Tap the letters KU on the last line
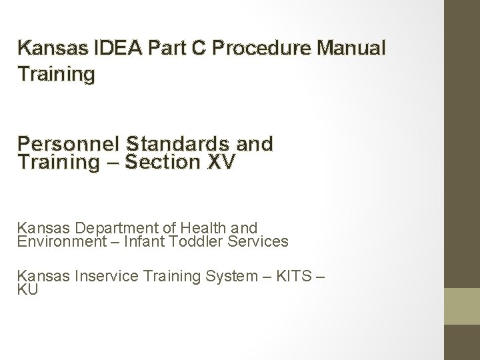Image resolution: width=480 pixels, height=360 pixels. point(28,289)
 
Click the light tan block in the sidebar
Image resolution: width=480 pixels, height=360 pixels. point(462,306)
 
